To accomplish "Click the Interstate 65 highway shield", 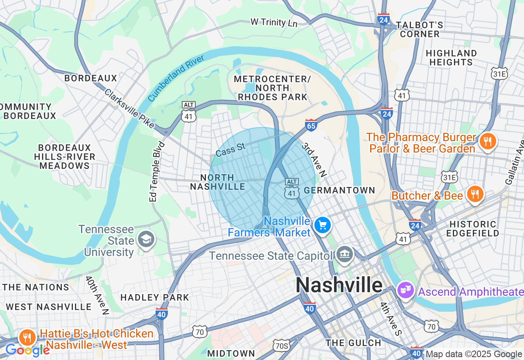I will point(311,125).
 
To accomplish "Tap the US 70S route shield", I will point(282,344).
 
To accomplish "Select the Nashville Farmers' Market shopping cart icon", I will point(323,225).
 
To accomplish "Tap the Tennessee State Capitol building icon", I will point(344,254).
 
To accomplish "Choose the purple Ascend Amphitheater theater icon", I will point(406,290).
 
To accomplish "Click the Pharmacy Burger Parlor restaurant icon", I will point(487,141).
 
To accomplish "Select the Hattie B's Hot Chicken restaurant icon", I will point(27,337).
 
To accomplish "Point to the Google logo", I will point(27,350).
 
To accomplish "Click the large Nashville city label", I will point(339,285).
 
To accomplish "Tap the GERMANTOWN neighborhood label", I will point(339,190).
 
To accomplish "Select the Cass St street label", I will point(230,150).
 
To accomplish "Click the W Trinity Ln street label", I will point(274,22).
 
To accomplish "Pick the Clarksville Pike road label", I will point(129,108).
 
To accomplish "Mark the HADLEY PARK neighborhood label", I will point(155,297).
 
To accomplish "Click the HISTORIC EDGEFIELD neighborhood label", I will point(474,229).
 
